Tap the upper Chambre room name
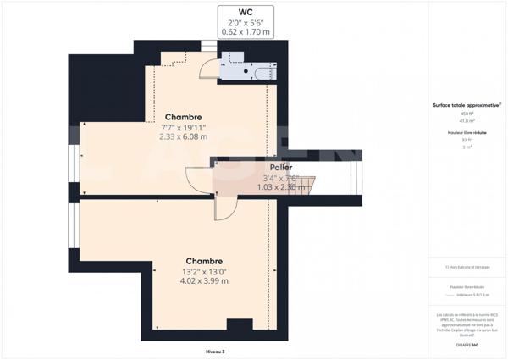(182, 117)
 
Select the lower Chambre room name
(204, 261)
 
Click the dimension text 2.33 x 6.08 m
(183, 136)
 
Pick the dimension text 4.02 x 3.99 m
(204, 281)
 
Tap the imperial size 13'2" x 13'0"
(204, 271)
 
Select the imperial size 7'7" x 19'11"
(183, 127)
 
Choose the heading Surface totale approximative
(467, 104)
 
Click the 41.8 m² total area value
(467, 120)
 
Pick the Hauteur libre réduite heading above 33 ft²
(467, 133)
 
